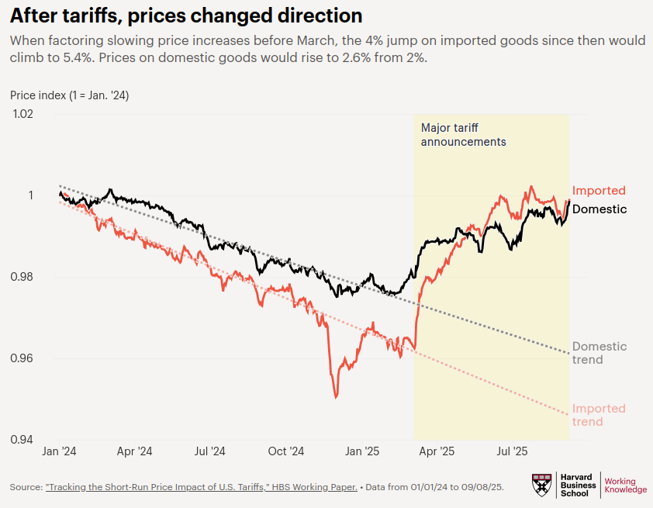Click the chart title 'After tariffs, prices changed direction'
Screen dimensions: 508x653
click(x=185, y=16)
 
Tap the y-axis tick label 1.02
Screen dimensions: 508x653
click(x=22, y=114)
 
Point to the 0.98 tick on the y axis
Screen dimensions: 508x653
click(x=22, y=277)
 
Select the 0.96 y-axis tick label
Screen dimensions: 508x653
click(x=22, y=358)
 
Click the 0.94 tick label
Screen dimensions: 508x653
click(x=22, y=440)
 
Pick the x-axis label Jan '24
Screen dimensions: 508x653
click(x=60, y=451)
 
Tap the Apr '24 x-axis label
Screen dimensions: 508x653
click(x=135, y=451)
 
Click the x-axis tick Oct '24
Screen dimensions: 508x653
click(x=286, y=451)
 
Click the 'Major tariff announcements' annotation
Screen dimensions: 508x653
click(x=463, y=135)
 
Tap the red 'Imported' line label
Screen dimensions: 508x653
click(x=599, y=191)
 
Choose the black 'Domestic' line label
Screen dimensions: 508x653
click(x=599, y=209)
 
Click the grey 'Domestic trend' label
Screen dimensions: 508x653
click(x=599, y=353)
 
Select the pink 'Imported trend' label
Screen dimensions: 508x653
click(x=599, y=415)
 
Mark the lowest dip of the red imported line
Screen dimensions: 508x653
click(x=336, y=398)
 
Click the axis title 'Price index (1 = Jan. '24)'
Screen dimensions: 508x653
click(x=70, y=95)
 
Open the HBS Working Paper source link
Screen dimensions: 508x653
click(x=202, y=487)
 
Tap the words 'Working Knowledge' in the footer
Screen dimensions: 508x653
click(x=625, y=486)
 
